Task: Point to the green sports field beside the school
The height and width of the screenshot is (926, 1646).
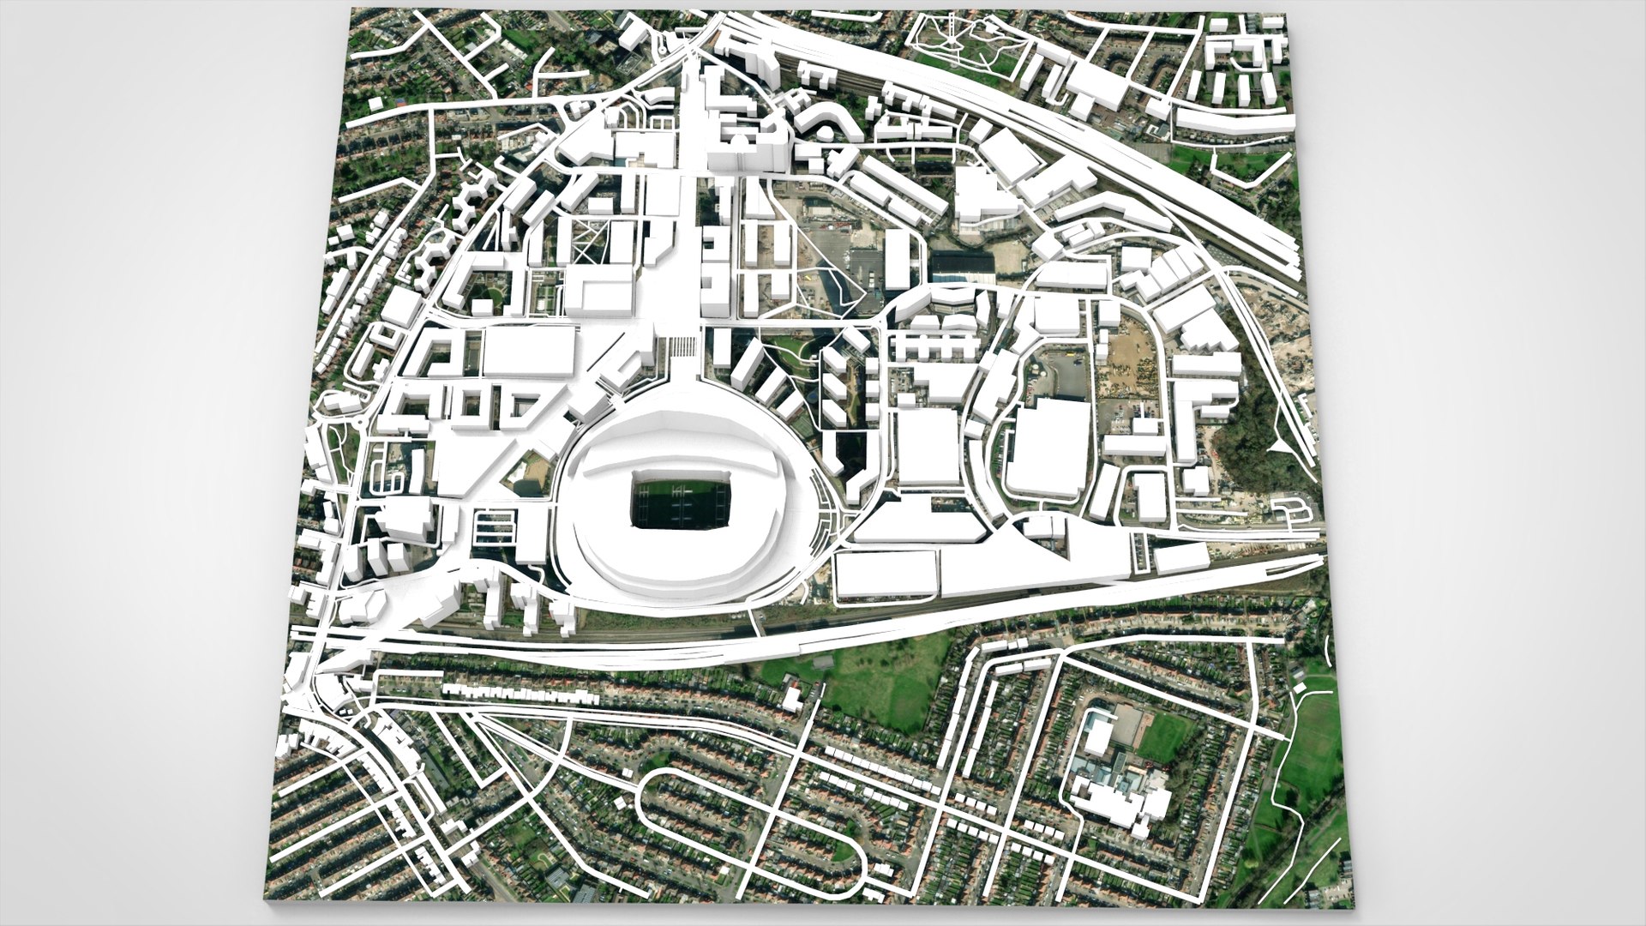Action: (1164, 737)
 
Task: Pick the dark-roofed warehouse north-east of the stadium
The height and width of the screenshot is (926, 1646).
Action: (964, 267)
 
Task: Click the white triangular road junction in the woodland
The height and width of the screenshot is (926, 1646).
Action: (1279, 448)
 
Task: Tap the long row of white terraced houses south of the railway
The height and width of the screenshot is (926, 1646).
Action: (514, 693)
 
